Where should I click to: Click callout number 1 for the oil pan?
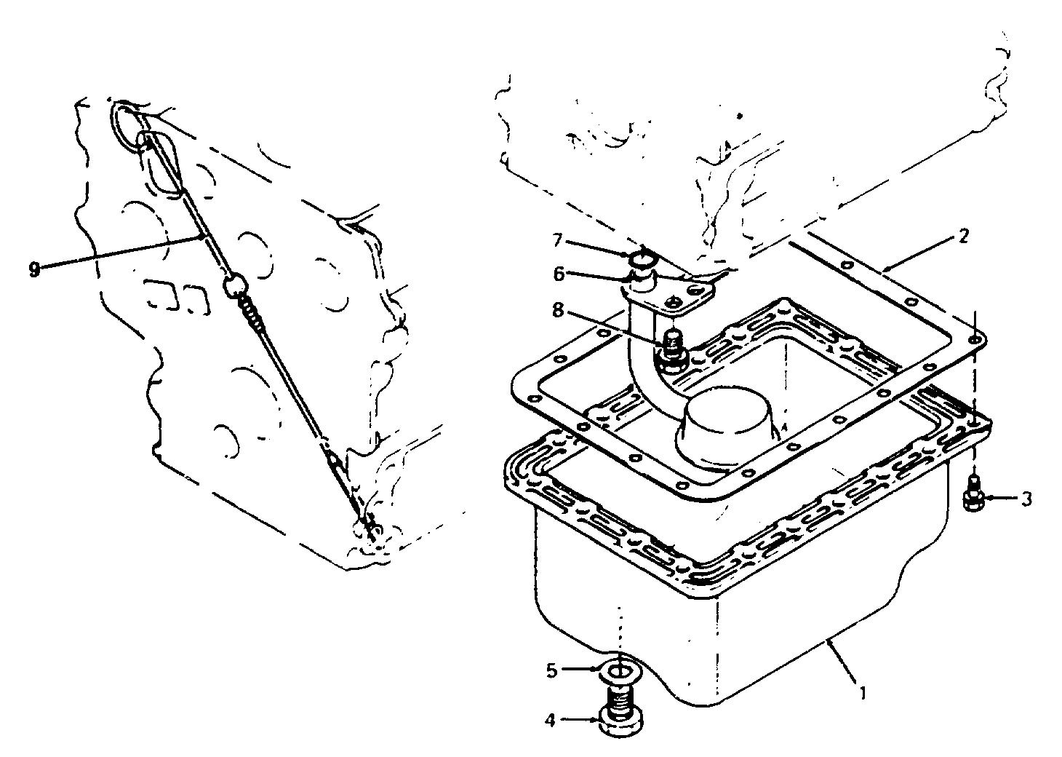pos(863,694)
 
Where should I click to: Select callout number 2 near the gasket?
pos(963,236)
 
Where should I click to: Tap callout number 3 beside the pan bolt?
pos(1026,499)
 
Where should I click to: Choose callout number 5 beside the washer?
pos(551,670)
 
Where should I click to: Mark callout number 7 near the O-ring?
pos(557,241)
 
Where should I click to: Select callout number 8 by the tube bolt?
pos(559,311)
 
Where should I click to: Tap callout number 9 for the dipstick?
pos(33,269)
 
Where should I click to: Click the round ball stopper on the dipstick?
pos(235,287)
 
